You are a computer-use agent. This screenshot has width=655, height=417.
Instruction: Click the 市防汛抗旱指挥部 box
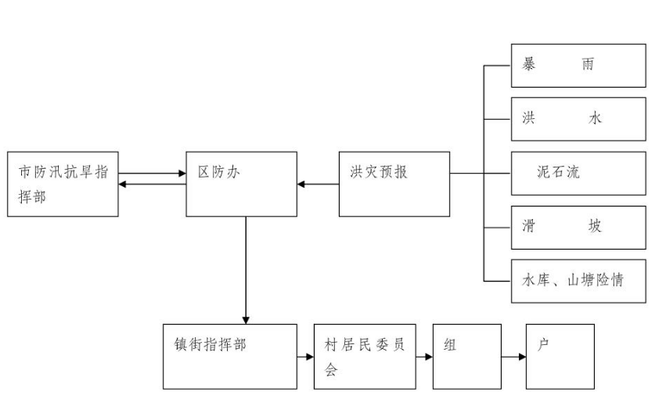tap(63, 184)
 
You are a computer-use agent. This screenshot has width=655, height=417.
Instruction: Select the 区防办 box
tap(241, 184)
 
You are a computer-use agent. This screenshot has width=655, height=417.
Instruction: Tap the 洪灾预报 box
tap(394, 184)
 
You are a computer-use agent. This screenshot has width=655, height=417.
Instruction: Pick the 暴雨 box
tap(578, 65)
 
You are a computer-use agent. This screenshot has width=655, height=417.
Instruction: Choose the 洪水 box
tap(578, 119)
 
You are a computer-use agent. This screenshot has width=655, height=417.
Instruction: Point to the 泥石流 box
tap(578, 173)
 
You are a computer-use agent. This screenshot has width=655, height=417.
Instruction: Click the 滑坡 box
tap(578, 227)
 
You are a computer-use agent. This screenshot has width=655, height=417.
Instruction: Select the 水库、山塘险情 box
tap(578, 280)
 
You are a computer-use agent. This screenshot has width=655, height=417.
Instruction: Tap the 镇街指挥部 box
tap(230, 356)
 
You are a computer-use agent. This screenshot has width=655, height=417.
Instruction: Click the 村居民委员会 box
tap(365, 356)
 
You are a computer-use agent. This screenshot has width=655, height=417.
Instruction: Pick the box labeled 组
tap(467, 356)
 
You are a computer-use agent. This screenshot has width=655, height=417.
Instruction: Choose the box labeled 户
tap(560, 356)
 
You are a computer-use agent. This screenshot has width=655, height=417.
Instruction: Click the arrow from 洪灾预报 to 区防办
tap(318, 185)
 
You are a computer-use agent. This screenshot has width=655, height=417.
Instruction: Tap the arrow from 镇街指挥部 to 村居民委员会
tap(305, 357)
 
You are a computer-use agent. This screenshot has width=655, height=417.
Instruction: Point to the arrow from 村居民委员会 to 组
tap(425, 357)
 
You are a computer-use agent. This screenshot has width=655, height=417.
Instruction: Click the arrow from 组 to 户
tap(513, 357)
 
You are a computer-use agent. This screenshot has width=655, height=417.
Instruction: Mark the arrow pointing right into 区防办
tap(153, 174)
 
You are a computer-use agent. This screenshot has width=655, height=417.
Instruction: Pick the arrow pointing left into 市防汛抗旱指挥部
tap(153, 185)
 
